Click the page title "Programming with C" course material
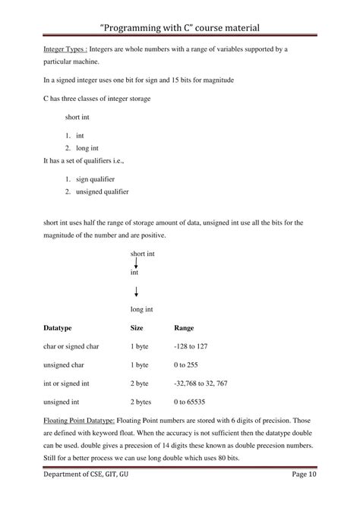coord(179,28)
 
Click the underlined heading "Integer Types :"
coord(64,49)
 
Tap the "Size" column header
coord(137,328)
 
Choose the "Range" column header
coord(184,328)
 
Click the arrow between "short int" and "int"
coord(135,263)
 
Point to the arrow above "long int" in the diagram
coord(135,292)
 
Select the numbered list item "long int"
coord(89,148)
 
